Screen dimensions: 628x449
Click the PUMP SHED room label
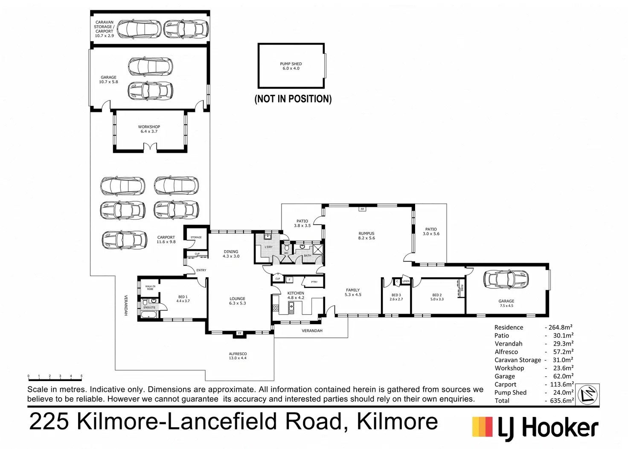291,66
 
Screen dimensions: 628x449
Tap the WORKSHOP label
149,129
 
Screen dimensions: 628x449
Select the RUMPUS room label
366,236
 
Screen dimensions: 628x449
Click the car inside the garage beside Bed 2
506,279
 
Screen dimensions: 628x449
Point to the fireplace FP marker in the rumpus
362,209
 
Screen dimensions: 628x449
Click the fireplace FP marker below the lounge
239,333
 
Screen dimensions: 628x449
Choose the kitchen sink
292,306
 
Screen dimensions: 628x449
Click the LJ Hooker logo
535,428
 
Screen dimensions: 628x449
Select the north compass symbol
588,394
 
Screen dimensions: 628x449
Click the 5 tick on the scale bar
81,376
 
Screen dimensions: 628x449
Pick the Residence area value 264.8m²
560,327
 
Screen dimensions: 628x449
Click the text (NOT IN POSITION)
293,99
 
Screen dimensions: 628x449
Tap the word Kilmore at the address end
397,421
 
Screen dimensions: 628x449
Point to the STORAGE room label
196,237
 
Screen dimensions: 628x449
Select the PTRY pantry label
314,282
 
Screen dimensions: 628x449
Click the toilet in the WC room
287,248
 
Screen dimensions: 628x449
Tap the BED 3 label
396,297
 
